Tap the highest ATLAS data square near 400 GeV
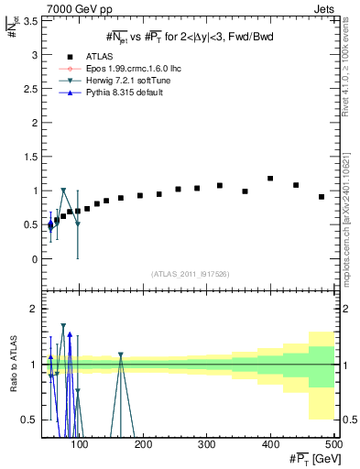270,179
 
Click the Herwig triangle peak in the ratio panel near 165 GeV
121,354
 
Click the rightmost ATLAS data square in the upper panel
322,197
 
